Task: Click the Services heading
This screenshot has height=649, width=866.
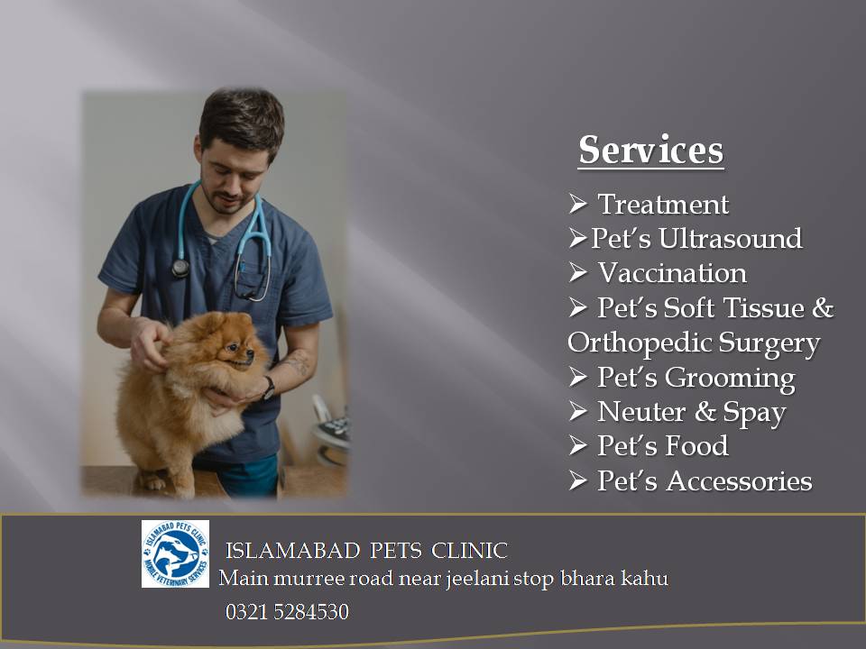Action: pyautogui.click(x=651, y=150)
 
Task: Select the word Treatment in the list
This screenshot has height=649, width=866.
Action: pyautogui.click(x=663, y=205)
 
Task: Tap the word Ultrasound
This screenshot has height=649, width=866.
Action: pyautogui.click(x=730, y=238)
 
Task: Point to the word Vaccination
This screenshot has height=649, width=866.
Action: pyautogui.click(x=672, y=273)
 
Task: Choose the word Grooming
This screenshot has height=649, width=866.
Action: pyautogui.click(x=730, y=379)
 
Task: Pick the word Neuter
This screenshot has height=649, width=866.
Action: pyautogui.click(x=641, y=412)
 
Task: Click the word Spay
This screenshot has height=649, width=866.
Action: pyautogui.click(x=754, y=413)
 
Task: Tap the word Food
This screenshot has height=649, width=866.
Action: pyautogui.click(x=697, y=446)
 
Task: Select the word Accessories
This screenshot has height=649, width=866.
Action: pyautogui.click(x=739, y=481)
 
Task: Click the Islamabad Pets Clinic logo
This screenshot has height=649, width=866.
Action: pyautogui.click(x=176, y=553)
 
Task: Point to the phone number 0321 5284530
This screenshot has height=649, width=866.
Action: pyautogui.click(x=287, y=612)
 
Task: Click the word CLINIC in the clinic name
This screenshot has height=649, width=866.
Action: pyautogui.click(x=469, y=551)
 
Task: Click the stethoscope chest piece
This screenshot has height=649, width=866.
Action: pyautogui.click(x=180, y=269)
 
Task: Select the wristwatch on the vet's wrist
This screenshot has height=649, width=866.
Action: pyautogui.click(x=269, y=388)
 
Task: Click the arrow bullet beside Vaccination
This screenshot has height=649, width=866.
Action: pyautogui.click(x=577, y=272)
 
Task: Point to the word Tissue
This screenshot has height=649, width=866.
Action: pyautogui.click(x=765, y=308)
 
